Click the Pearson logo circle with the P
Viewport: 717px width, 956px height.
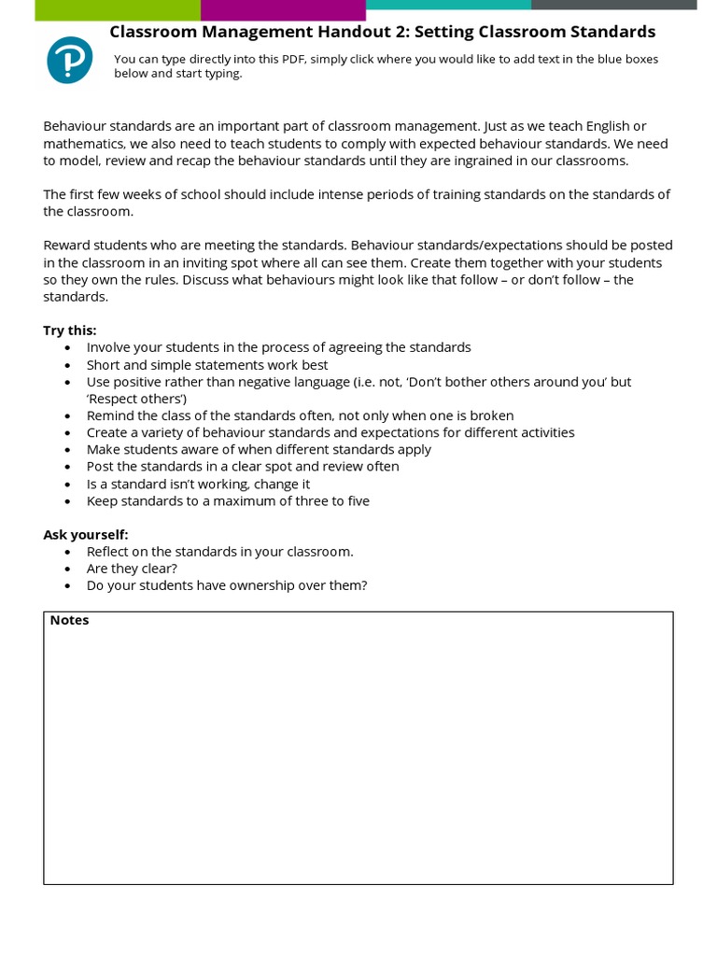coord(70,60)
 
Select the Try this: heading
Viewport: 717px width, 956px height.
coord(70,330)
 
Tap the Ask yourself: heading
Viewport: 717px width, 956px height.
coord(86,535)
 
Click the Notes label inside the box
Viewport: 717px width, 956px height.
coord(69,620)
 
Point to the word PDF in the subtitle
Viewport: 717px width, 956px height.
coord(293,60)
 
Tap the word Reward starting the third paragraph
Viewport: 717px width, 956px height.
coord(67,246)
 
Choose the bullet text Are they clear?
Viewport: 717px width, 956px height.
coord(132,569)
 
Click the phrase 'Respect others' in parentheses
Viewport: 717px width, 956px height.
coord(136,399)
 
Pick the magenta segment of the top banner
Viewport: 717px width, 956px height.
coord(283,9)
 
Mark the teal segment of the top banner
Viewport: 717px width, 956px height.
coord(448,5)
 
